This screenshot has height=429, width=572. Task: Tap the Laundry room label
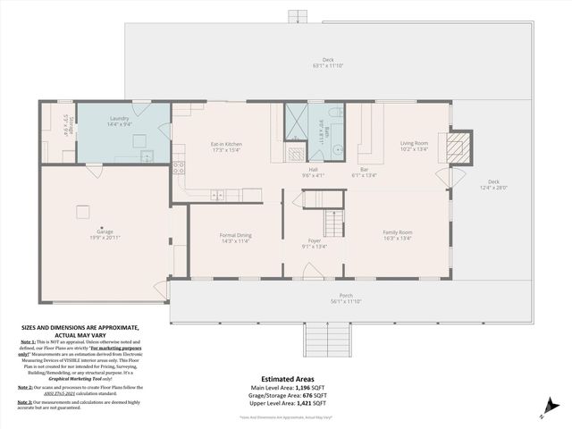[120, 119]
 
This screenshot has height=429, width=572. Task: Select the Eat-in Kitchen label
[226, 144]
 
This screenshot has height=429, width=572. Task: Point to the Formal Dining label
[235, 236]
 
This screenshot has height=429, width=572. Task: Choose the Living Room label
[413, 143]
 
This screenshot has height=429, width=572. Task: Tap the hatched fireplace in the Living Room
[457, 147]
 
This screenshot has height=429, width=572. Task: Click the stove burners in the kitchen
[179, 166]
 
